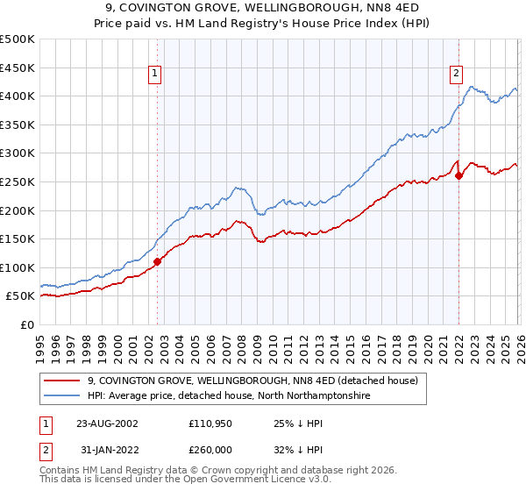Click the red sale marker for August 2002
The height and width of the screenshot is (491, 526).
pos(158,260)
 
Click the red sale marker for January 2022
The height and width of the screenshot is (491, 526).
pos(458,175)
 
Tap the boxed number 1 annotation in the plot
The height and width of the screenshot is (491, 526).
pos(154,75)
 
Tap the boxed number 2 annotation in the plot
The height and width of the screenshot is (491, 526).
pos(457,75)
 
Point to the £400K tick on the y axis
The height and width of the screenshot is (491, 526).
pos(18,96)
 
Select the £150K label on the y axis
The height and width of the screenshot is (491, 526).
pos(18,238)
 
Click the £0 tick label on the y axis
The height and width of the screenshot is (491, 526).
pos(27,324)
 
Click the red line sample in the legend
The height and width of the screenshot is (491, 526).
pos(63,381)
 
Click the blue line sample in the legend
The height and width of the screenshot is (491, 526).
pos(63,396)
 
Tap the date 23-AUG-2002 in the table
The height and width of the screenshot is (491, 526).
pos(107,423)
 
